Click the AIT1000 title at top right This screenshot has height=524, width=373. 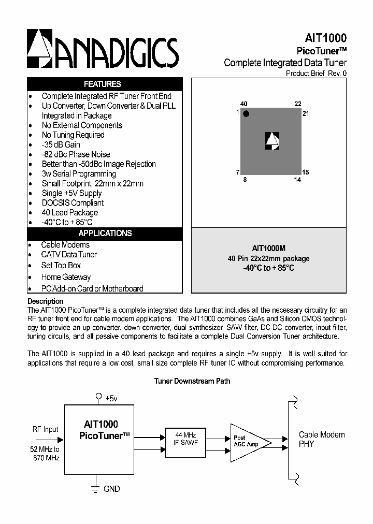325,38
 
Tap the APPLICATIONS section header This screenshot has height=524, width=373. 105,234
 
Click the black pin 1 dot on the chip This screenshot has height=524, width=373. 247,113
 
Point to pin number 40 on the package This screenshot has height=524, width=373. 244,104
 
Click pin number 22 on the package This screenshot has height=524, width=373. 298,104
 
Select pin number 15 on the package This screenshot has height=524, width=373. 306,172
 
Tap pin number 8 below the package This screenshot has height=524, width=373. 245,180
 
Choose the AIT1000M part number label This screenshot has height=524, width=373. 268,248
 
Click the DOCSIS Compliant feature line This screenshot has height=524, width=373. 73,203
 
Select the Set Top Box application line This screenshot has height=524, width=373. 61,266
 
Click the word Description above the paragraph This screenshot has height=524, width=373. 46,301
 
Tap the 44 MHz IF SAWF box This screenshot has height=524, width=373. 185,439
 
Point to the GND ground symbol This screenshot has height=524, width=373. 95,487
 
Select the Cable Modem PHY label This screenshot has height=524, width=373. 321,439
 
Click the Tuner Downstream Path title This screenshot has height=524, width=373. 192,381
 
